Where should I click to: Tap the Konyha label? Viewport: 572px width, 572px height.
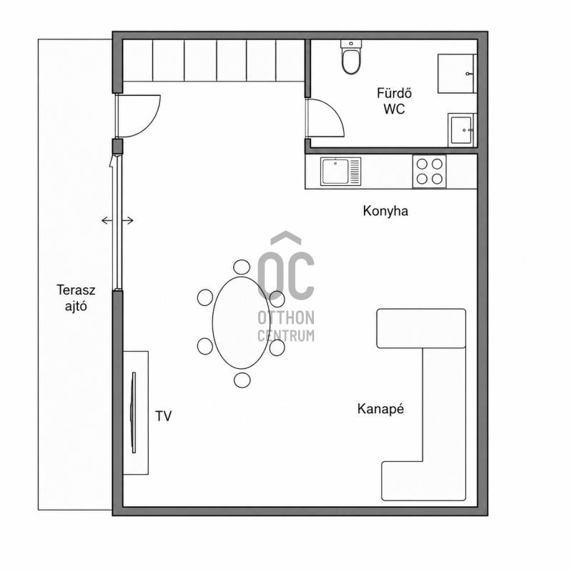pyautogui.click(x=385, y=211)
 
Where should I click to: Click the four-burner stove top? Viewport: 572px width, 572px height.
pyautogui.click(x=430, y=172)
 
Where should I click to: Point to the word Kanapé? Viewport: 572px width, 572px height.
pyautogui.click(x=380, y=408)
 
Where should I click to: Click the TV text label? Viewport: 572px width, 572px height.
pyautogui.click(x=163, y=416)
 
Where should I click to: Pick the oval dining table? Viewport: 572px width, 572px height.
pyautogui.click(x=241, y=323)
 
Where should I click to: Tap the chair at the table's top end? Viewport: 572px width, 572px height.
pyautogui.click(x=242, y=267)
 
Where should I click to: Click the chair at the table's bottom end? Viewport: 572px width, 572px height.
pyautogui.click(x=242, y=380)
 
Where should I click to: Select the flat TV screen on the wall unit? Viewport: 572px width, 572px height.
pyautogui.click(x=134, y=413)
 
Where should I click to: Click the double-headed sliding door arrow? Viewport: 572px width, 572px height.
pyautogui.click(x=117, y=220)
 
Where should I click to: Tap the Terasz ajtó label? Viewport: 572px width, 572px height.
pyautogui.click(x=76, y=297)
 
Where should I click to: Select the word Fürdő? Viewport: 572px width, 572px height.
pyautogui.click(x=395, y=93)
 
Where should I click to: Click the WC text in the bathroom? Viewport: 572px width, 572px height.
pyautogui.click(x=395, y=109)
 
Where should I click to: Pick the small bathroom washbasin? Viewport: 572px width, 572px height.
pyautogui.click(x=462, y=130)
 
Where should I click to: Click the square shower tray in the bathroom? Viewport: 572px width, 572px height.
pyautogui.click(x=457, y=74)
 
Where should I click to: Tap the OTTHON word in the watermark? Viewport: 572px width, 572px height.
pyautogui.click(x=286, y=317)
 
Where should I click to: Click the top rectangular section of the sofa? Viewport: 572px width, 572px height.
pyautogui.click(x=421, y=328)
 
